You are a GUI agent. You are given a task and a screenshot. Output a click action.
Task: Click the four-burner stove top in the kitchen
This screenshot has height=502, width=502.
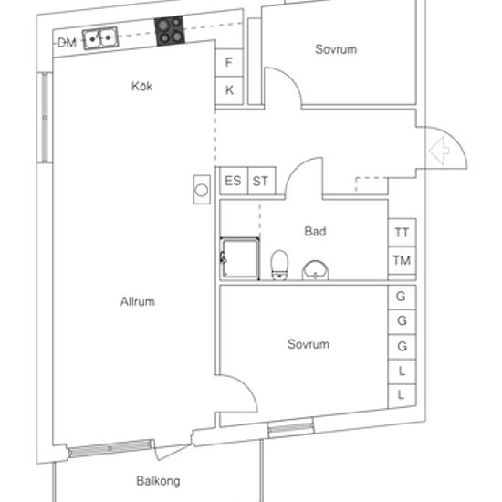[170, 31]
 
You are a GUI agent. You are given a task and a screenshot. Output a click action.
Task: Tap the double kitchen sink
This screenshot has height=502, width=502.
[100, 38]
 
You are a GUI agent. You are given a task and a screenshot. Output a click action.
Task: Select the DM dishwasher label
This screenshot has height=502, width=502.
[67, 43]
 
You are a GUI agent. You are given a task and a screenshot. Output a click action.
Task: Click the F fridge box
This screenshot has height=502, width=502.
[229, 62]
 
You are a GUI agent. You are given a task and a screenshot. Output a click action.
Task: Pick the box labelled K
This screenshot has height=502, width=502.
[229, 90]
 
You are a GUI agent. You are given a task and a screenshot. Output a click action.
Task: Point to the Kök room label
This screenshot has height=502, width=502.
[141, 86]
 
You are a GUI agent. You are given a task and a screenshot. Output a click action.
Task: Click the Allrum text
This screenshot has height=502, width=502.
[138, 301]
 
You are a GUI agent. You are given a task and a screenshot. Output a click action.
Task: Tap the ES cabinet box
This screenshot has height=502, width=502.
[234, 181]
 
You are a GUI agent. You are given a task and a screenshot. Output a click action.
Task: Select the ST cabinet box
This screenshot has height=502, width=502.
[262, 181]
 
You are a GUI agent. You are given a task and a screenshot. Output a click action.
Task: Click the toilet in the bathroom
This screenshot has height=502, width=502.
[279, 266]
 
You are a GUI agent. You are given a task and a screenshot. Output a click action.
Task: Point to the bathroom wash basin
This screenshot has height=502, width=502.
[316, 270]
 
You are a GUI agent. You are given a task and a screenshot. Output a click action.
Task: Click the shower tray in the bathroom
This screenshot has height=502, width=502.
[239, 258]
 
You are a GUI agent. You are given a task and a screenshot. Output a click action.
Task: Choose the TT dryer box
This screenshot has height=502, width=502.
[403, 233]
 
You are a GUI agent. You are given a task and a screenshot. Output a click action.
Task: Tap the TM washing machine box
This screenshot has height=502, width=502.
[403, 260]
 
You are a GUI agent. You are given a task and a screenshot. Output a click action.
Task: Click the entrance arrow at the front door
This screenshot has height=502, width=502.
[439, 151]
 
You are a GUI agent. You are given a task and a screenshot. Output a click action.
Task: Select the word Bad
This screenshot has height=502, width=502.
[316, 231]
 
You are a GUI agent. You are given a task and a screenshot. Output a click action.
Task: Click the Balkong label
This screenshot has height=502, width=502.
[158, 481]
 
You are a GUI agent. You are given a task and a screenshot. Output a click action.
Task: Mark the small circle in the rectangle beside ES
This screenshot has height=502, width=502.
[202, 191]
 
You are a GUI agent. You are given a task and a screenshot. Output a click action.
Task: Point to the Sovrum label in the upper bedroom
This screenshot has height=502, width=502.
[336, 49]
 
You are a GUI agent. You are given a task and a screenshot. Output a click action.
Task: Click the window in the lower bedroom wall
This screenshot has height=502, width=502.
[290, 427]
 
